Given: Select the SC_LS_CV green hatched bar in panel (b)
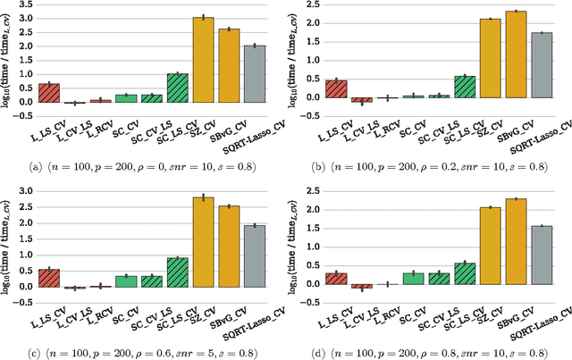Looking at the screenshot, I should point(464,86).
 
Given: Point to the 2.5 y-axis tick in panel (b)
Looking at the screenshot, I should point(309,5).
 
